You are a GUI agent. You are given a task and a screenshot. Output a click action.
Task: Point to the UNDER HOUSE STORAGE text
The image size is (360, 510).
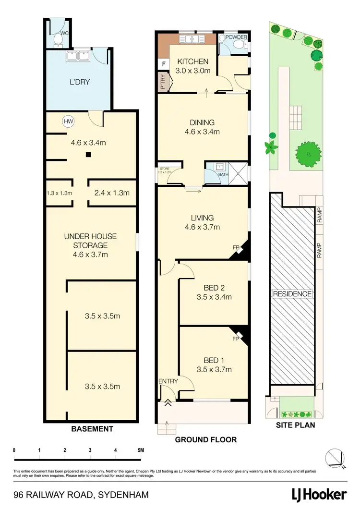click(90, 241)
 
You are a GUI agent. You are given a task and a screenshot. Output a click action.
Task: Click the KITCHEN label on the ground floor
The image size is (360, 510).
click(193, 61)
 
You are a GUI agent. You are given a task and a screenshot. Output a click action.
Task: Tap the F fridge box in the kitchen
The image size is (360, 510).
click(164, 63)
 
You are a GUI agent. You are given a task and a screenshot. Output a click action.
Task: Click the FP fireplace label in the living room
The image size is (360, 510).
click(236, 247)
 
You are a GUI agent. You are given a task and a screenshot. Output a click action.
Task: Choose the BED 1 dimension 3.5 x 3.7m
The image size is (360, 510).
click(214, 369)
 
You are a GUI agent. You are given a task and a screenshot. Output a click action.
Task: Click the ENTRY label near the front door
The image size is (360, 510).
click(168, 381)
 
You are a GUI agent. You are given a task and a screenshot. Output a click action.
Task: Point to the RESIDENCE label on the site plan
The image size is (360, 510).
click(292, 294)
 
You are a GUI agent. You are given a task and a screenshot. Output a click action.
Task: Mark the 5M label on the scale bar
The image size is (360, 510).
click(141, 450)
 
